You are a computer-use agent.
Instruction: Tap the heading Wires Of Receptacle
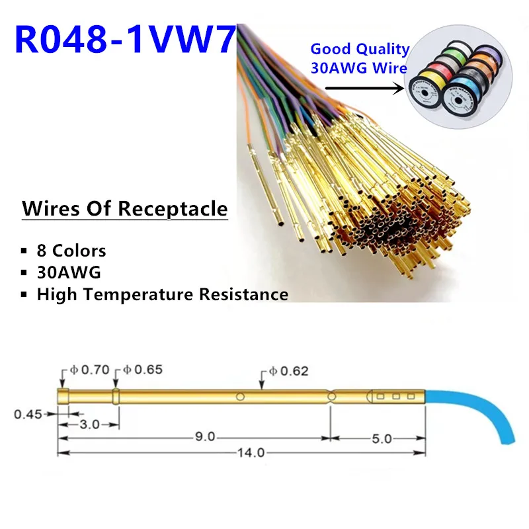(124, 209)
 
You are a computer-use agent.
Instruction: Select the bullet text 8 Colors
(71, 251)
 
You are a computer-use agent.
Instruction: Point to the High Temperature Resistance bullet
(162, 294)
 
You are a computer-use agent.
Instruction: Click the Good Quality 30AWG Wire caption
(360, 58)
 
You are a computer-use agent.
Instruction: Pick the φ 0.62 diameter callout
(290, 372)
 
